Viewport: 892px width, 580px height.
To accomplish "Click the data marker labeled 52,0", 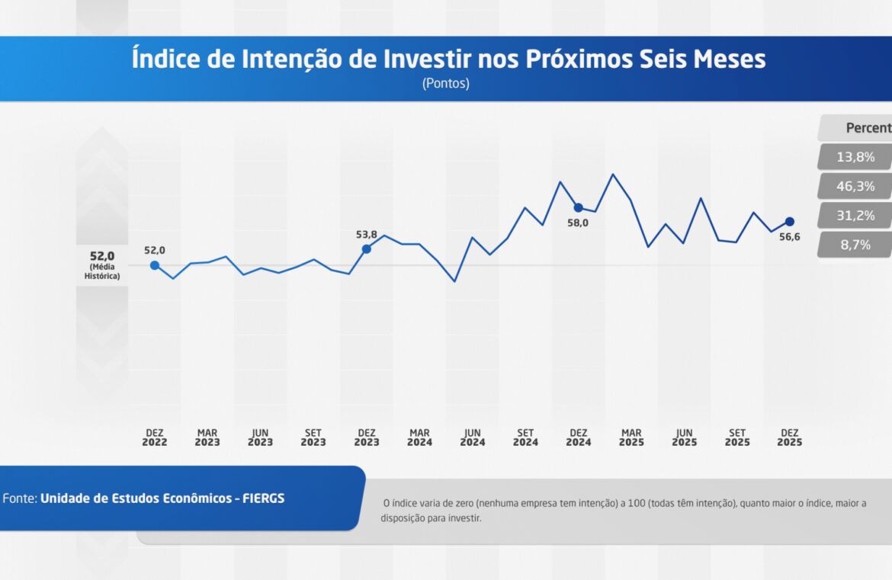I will (155, 265).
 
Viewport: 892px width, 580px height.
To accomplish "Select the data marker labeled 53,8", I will (366, 249).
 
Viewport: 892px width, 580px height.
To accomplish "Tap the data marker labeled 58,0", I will (578, 207).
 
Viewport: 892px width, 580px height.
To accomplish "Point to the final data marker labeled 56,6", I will (789, 222).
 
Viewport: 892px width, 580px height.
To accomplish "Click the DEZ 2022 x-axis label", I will (154, 437).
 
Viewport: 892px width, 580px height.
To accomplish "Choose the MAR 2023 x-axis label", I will (207, 437).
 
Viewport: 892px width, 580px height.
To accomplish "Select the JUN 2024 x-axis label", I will (473, 437).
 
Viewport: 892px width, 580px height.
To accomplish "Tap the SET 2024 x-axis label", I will (525, 437).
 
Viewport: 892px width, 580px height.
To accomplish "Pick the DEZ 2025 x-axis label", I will (789, 437).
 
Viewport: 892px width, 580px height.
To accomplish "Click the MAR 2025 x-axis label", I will (631, 437).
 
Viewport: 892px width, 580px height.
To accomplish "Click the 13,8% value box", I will (855, 157).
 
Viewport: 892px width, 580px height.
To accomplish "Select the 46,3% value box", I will (855, 186).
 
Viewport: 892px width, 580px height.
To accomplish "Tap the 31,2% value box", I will (855, 216).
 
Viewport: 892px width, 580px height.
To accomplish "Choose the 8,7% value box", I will (855, 245).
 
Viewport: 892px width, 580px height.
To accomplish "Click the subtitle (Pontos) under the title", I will (446, 84).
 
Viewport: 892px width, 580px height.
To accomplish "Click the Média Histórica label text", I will (102, 271).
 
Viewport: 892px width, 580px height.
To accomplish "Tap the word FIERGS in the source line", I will (264, 498).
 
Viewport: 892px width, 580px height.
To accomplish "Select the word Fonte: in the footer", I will (20, 498).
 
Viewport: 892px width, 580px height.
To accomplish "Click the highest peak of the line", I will (613, 175).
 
